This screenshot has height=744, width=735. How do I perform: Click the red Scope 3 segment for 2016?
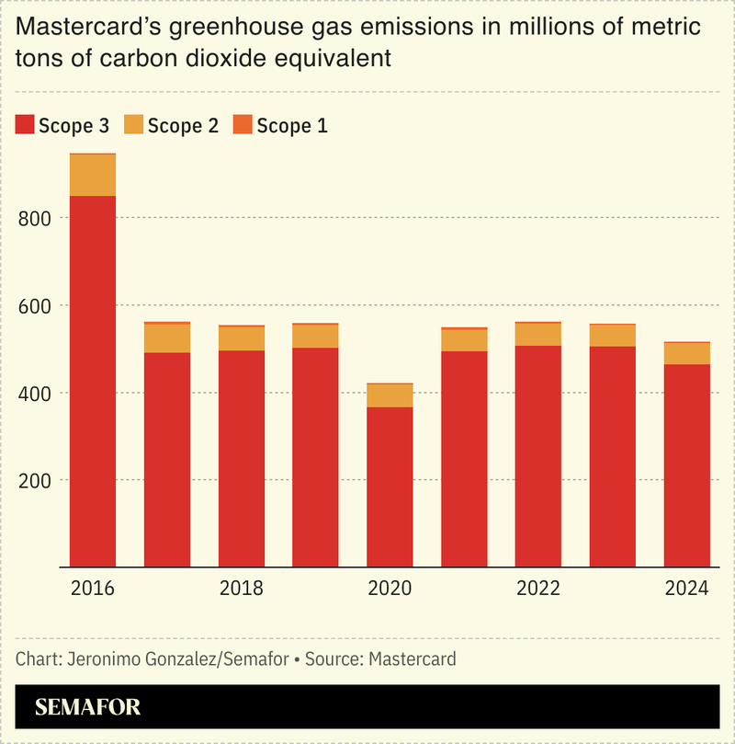point(93,382)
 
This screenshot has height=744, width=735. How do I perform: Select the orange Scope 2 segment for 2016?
point(93,175)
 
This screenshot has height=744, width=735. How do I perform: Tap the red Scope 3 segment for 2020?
point(390,486)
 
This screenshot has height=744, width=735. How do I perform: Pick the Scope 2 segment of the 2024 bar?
point(686,353)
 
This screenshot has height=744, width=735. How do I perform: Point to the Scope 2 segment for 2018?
point(241,338)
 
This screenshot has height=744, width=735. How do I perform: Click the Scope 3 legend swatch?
point(25,126)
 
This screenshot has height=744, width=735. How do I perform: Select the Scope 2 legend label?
point(183,126)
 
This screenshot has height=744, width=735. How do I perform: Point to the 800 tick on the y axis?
point(32,218)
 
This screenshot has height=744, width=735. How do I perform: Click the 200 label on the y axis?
point(32,480)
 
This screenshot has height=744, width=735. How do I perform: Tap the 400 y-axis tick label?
point(32,393)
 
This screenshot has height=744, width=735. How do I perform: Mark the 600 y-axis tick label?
point(32,305)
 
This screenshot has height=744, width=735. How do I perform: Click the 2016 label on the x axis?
point(93,589)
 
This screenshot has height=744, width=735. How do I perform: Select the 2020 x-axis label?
point(390,589)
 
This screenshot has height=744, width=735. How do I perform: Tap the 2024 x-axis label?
point(686,589)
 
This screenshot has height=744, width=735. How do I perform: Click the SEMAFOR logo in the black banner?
point(87,708)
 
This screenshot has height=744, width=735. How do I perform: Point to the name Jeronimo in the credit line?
point(98,659)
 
